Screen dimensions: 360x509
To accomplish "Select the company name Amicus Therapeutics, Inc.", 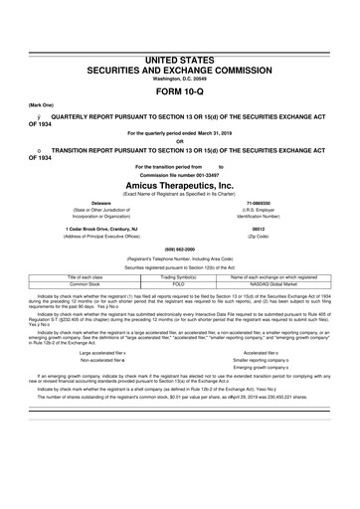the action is [179, 185].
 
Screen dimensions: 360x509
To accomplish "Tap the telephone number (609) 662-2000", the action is [179, 248].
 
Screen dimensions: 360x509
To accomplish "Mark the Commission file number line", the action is [179, 174].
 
